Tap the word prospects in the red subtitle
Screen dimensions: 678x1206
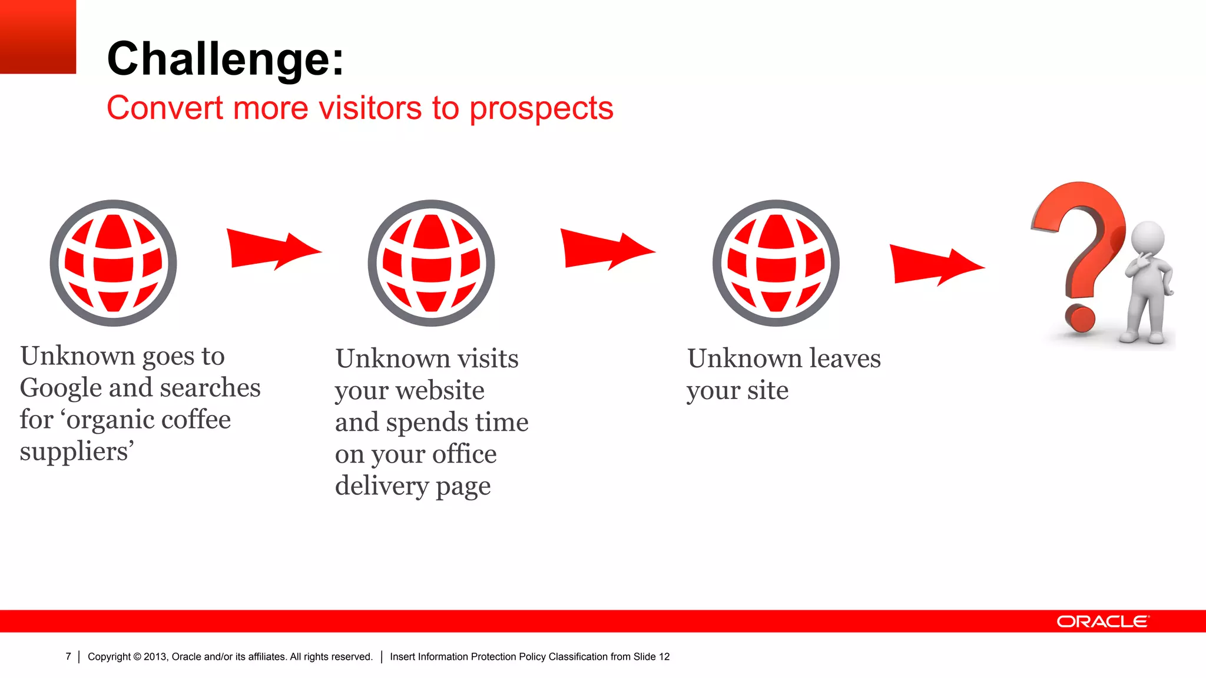click(x=541, y=109)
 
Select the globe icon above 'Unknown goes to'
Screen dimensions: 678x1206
click(x=113, y=263)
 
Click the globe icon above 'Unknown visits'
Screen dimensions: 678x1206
click(x=431, y=263)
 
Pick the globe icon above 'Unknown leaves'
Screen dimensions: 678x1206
click(x=776, y=263)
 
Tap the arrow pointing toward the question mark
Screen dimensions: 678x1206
click(x=934, y=265)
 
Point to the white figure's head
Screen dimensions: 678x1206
click(x=1148, y=238)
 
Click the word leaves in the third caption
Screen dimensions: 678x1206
click(x=844, y=358)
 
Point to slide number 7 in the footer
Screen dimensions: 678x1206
click(x=68, y=657)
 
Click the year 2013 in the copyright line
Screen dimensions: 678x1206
click(x=155, y=657)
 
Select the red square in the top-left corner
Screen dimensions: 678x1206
click(x=38, y=36)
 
